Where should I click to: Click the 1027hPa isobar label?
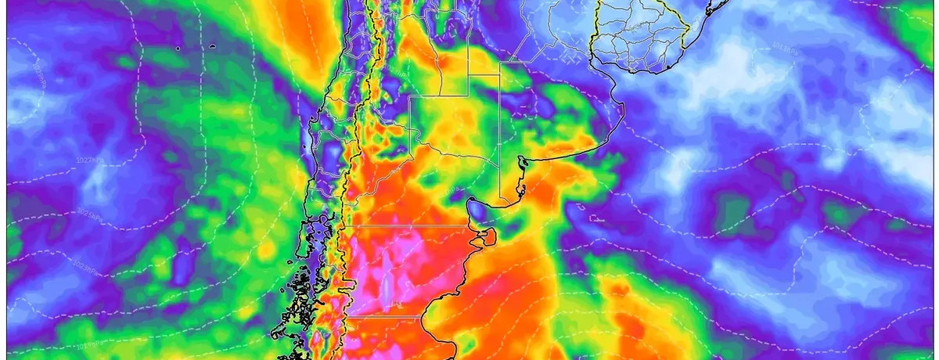click(93, 160)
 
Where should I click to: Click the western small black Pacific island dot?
click(178, 49)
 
